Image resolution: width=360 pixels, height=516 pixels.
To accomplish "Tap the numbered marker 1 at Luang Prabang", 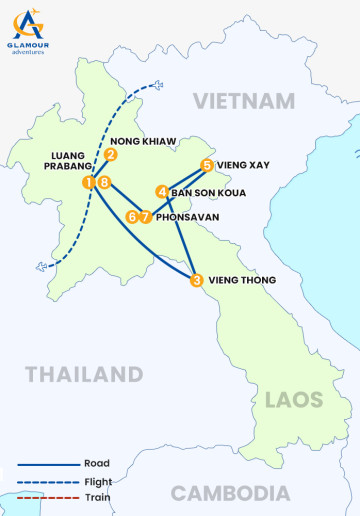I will (x=89, y=182).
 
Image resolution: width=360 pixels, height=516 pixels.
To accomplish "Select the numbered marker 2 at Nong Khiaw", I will (x=111, y=155).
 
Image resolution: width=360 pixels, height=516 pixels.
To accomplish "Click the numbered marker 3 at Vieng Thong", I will (x=196, y=281).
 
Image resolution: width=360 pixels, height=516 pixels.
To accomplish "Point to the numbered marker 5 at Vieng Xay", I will (x=206, y=165).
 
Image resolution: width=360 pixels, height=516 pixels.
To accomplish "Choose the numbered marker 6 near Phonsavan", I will (x=132, y=216).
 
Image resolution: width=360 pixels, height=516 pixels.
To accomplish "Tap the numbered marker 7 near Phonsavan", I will (x=145, y=216).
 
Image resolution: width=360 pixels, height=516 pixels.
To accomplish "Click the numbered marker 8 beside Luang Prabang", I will (x=103, y=182).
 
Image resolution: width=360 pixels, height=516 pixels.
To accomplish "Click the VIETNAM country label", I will (x=245, y=101).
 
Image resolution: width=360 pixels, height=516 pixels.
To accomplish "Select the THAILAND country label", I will (x=84, y=375).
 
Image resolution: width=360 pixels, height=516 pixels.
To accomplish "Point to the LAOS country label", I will (x=294, y=400).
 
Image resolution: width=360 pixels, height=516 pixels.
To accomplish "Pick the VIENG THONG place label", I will (x=241, y=281).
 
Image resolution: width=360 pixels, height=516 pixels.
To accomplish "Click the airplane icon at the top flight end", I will (x=155, y=86).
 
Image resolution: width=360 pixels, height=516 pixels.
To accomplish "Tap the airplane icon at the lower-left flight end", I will (x=41, y=266).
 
